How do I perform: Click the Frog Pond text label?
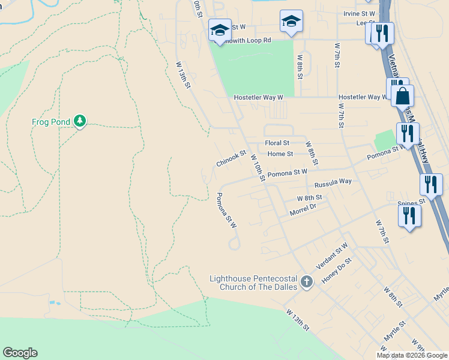(x=50, y=122)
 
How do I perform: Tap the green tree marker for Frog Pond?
(x=80, y=122)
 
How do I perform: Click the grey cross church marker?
(x=307, y=282)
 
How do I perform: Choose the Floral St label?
(x=277, y=143)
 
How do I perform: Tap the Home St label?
(x=280, y=154)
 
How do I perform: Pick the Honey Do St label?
(x=336, y=271)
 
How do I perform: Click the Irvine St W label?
(x=360, y=13)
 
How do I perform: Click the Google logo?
(x=20, y=353)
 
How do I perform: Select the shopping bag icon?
(x=402, y=95)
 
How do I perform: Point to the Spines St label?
(x=411, y=203)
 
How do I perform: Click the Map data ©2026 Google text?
(x=412, y=355)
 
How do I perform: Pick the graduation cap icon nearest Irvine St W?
(x=292, y=22)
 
